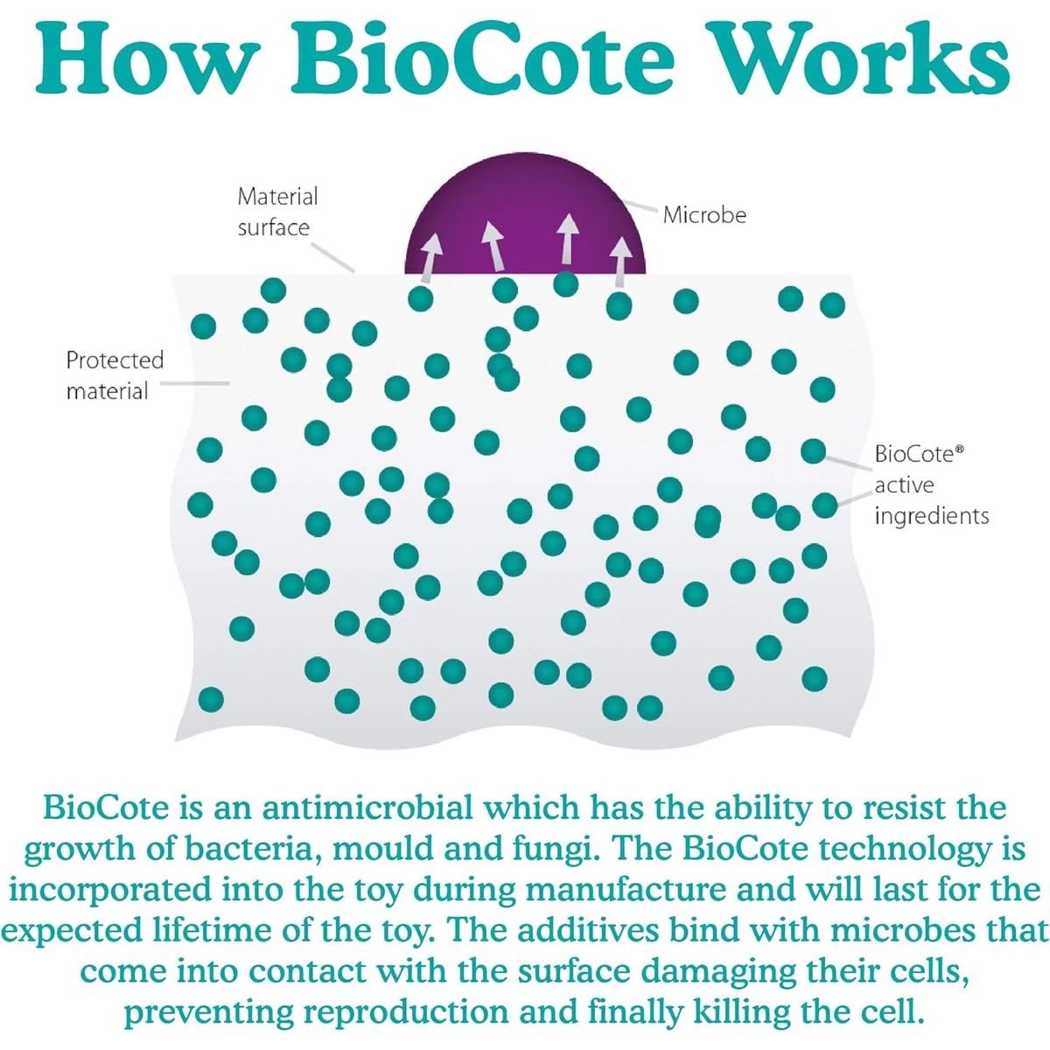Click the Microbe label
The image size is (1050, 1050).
(x=704, y=214)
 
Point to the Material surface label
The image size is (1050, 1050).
(x=277, y=212)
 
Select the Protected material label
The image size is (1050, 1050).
(x=115, y=374)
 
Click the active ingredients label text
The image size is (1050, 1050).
(x=931, y=500)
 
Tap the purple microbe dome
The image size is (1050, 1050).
(x=525, y=218)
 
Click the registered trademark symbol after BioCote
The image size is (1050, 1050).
(x=960, y=449)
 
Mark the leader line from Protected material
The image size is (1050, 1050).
(x=195, y=383)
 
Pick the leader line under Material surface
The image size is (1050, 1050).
(x=333, y=256)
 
